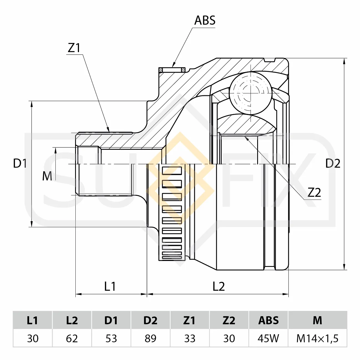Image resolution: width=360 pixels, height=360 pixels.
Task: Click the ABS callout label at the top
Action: (205, 20)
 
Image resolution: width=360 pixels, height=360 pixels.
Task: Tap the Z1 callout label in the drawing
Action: (74, 48)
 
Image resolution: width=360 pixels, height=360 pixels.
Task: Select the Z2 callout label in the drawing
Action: (314, 192)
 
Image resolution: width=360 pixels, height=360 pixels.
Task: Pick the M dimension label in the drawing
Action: (47, 176)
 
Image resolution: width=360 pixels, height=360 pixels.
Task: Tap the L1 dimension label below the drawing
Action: (110, 286)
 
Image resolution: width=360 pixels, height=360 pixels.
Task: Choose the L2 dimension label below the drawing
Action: (219, 286)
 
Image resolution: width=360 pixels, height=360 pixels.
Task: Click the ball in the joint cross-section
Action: (250, 93)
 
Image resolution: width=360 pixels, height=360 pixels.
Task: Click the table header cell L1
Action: (32, 320)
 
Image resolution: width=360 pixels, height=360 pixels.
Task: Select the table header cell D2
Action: (150, 320)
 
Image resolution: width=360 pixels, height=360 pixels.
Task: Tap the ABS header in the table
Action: (269, 320)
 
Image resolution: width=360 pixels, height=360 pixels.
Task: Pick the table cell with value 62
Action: (72, 338)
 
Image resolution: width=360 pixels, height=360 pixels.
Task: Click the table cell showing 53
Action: (111, 338)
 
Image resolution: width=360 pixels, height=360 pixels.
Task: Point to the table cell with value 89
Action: (150, 338)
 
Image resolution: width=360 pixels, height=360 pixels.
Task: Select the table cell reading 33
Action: (190, 338)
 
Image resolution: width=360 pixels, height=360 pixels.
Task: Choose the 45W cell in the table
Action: (269, 338)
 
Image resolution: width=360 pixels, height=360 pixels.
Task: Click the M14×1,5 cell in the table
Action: (317, 338)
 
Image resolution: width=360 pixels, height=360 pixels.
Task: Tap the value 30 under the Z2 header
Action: (229, 338)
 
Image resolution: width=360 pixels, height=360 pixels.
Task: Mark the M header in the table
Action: (317, 320)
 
